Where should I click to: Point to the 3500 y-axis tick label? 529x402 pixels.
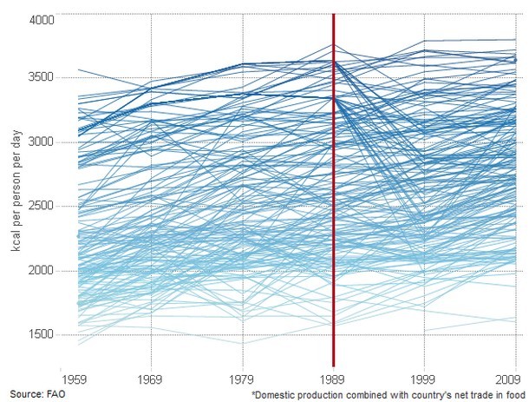(41, 77)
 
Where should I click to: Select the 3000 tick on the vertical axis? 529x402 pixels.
(41, 142)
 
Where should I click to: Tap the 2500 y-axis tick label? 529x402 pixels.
(41, 206)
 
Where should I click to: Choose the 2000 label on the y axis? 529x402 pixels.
(41, 271)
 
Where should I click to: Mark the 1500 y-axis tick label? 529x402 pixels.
(41, 335)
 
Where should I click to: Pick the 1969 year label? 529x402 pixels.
(151, 380)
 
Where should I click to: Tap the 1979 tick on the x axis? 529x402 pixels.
(242, 380)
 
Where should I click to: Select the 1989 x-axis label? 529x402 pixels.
(333, 380)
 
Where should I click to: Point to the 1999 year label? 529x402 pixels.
(424, 380)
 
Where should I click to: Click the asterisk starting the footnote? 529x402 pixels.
(253, 395)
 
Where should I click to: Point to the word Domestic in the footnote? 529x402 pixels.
(277, 395)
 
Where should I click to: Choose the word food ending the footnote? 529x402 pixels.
(512, 395)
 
